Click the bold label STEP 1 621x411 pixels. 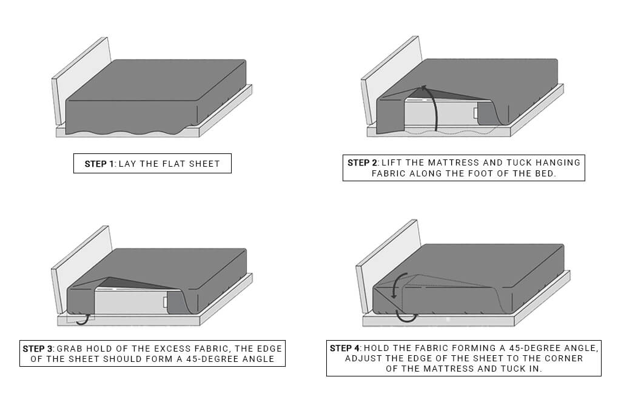pos(99,164)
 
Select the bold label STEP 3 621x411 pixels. pos(39,349)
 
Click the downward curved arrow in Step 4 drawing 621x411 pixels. pos(397,286)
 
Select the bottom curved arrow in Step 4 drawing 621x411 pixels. pos(406,317)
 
